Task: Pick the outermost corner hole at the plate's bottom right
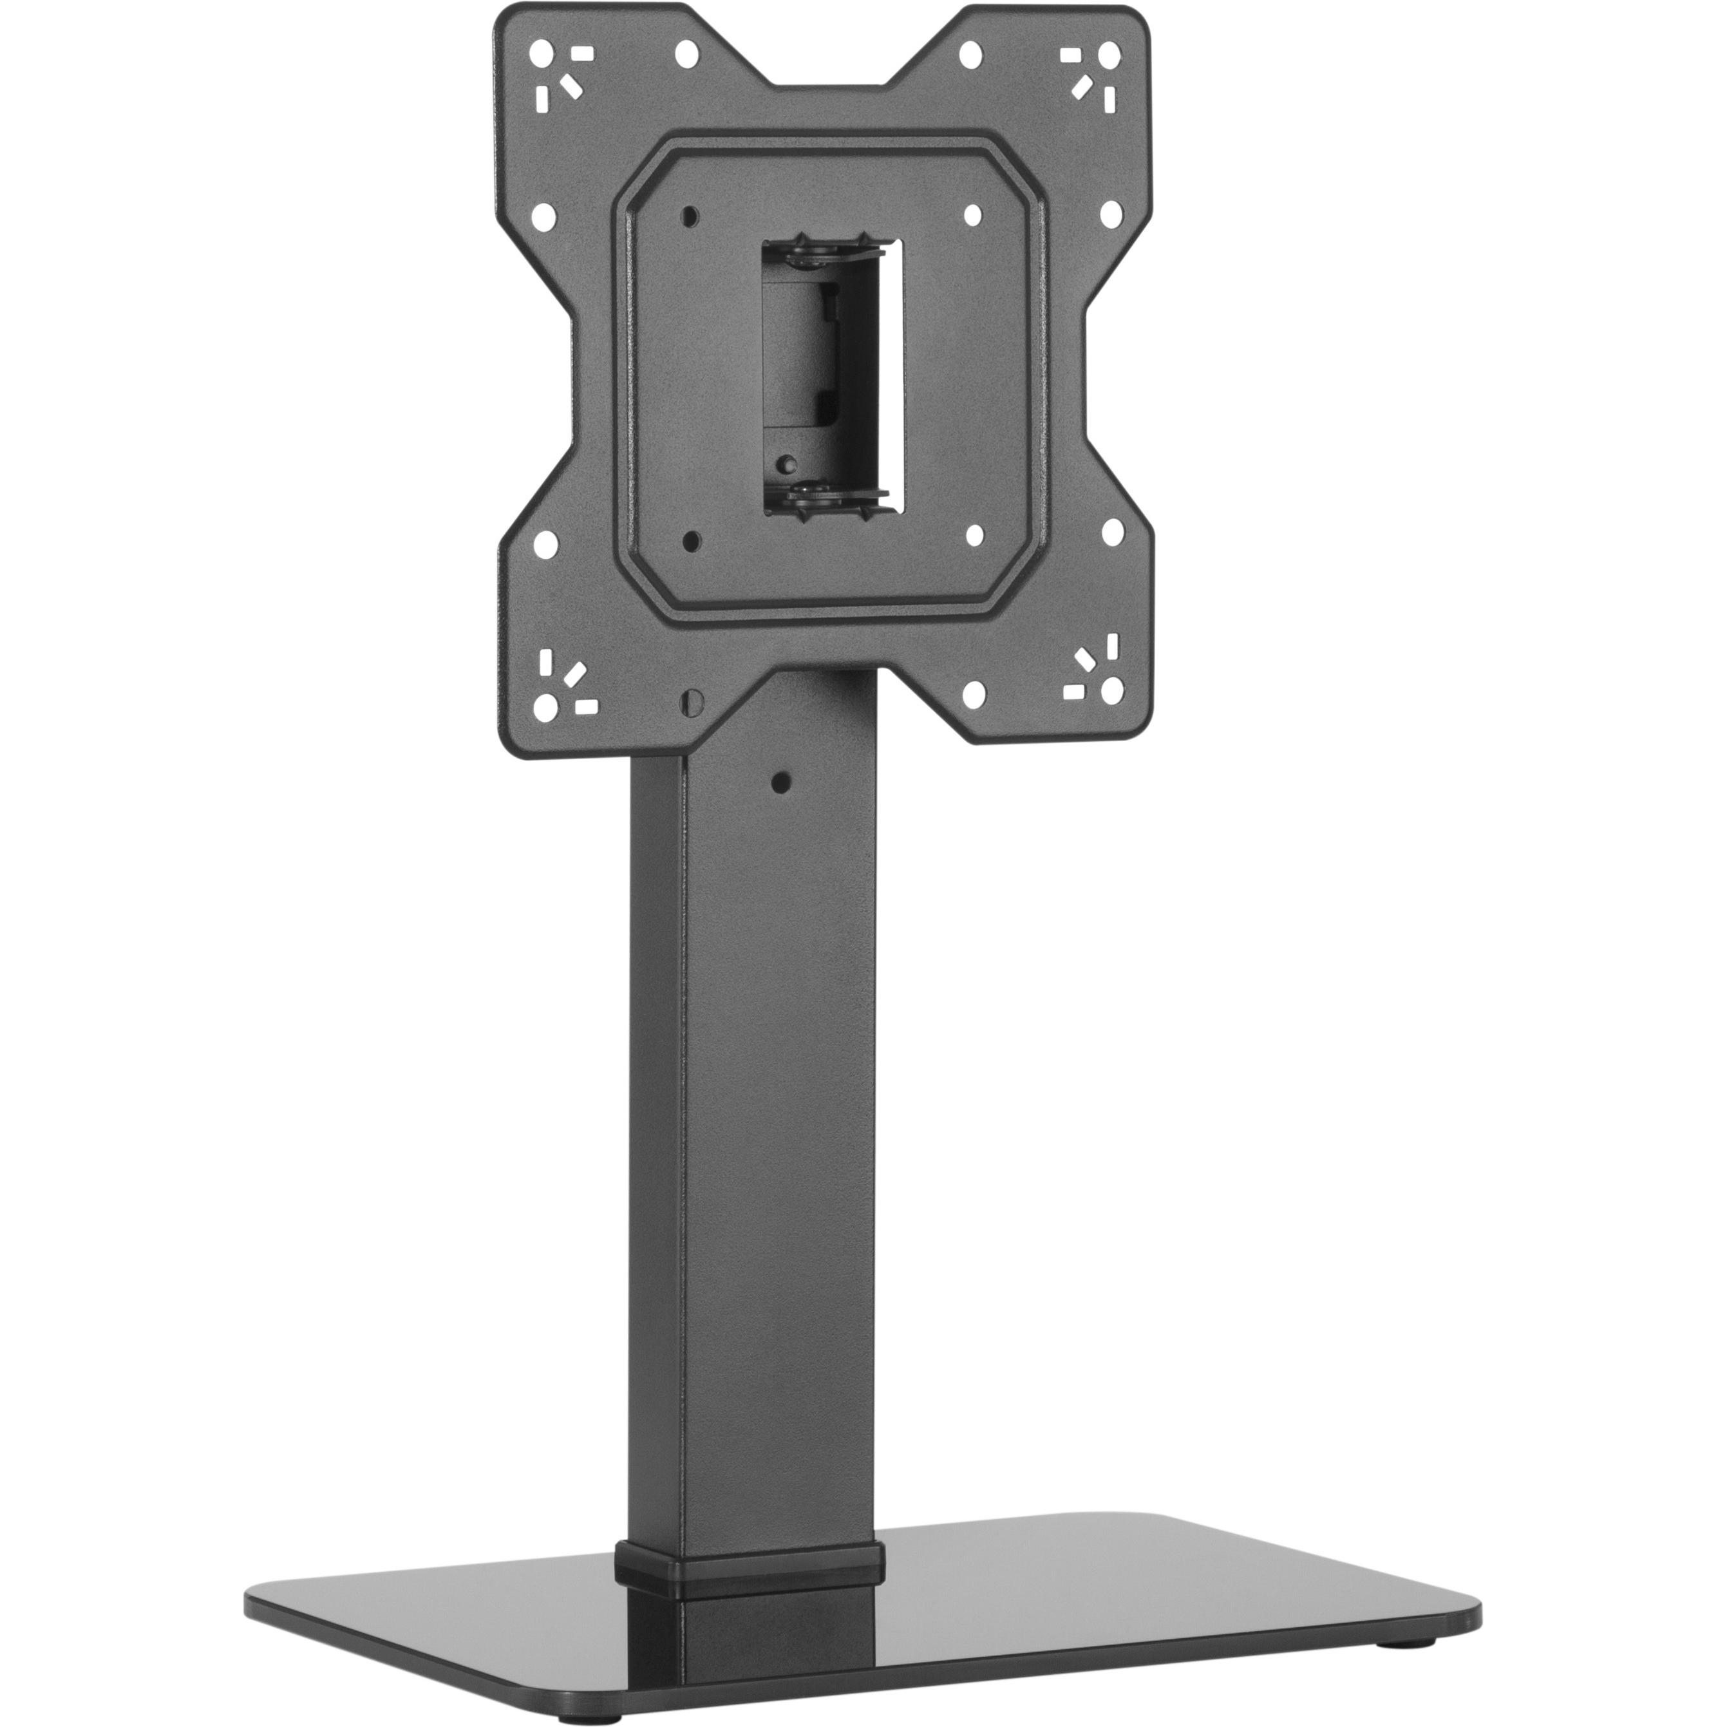tap(1112, 688)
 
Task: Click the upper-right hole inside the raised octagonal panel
tap(974, 216)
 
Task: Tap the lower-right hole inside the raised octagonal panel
tap(974, 534)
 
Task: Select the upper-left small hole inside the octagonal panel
tap(688, 216)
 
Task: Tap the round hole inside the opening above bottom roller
tap(787, 463)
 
